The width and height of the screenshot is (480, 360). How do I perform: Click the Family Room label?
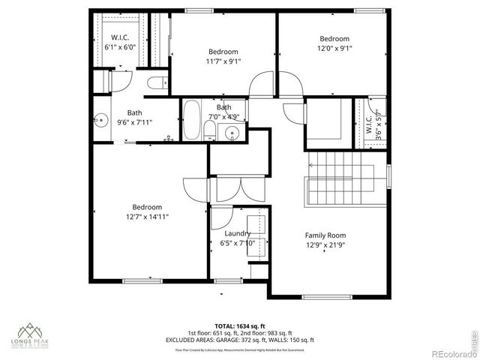coord(325,235)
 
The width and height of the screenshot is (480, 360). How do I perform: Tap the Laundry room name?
coord(237,233)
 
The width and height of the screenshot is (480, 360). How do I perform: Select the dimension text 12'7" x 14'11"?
coord(147,217)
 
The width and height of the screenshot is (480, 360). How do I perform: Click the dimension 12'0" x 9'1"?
coord(334,48)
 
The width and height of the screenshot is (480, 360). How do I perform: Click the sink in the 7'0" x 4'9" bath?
coord(232,133)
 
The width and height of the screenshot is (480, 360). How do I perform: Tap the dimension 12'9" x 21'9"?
coord(325,244)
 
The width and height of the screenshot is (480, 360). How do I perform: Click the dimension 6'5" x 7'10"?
coord(238,243)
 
